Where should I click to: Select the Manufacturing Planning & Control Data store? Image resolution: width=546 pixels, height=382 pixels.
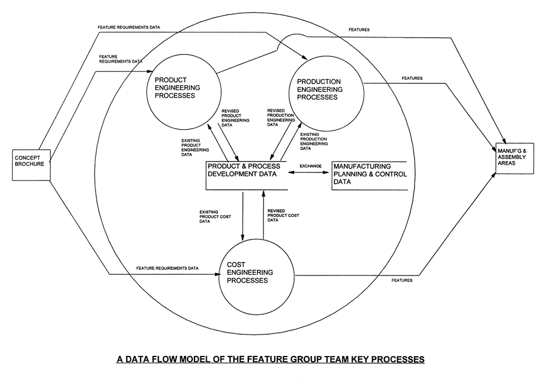tap(370, 175)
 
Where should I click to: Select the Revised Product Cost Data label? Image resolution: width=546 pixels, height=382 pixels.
tap(283, 216)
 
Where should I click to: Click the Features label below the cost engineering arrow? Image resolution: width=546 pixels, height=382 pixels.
tap(402, 280)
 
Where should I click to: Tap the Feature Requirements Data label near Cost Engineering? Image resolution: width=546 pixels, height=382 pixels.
tap(167, 268)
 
